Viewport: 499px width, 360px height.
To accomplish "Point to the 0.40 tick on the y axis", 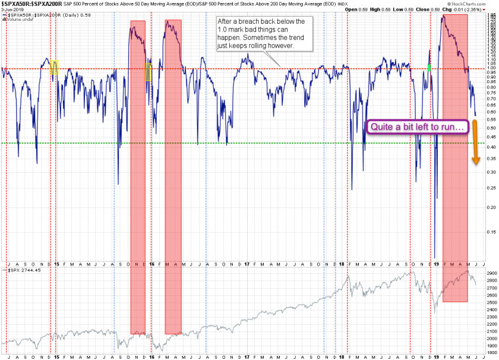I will coord(492,149).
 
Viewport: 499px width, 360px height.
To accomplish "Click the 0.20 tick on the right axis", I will coord(492,207).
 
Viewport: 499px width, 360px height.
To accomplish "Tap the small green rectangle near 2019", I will coord(429,68).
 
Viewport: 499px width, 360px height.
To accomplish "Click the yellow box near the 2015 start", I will coord(55,67).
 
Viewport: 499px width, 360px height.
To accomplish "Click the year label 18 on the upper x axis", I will coord(343,263).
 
